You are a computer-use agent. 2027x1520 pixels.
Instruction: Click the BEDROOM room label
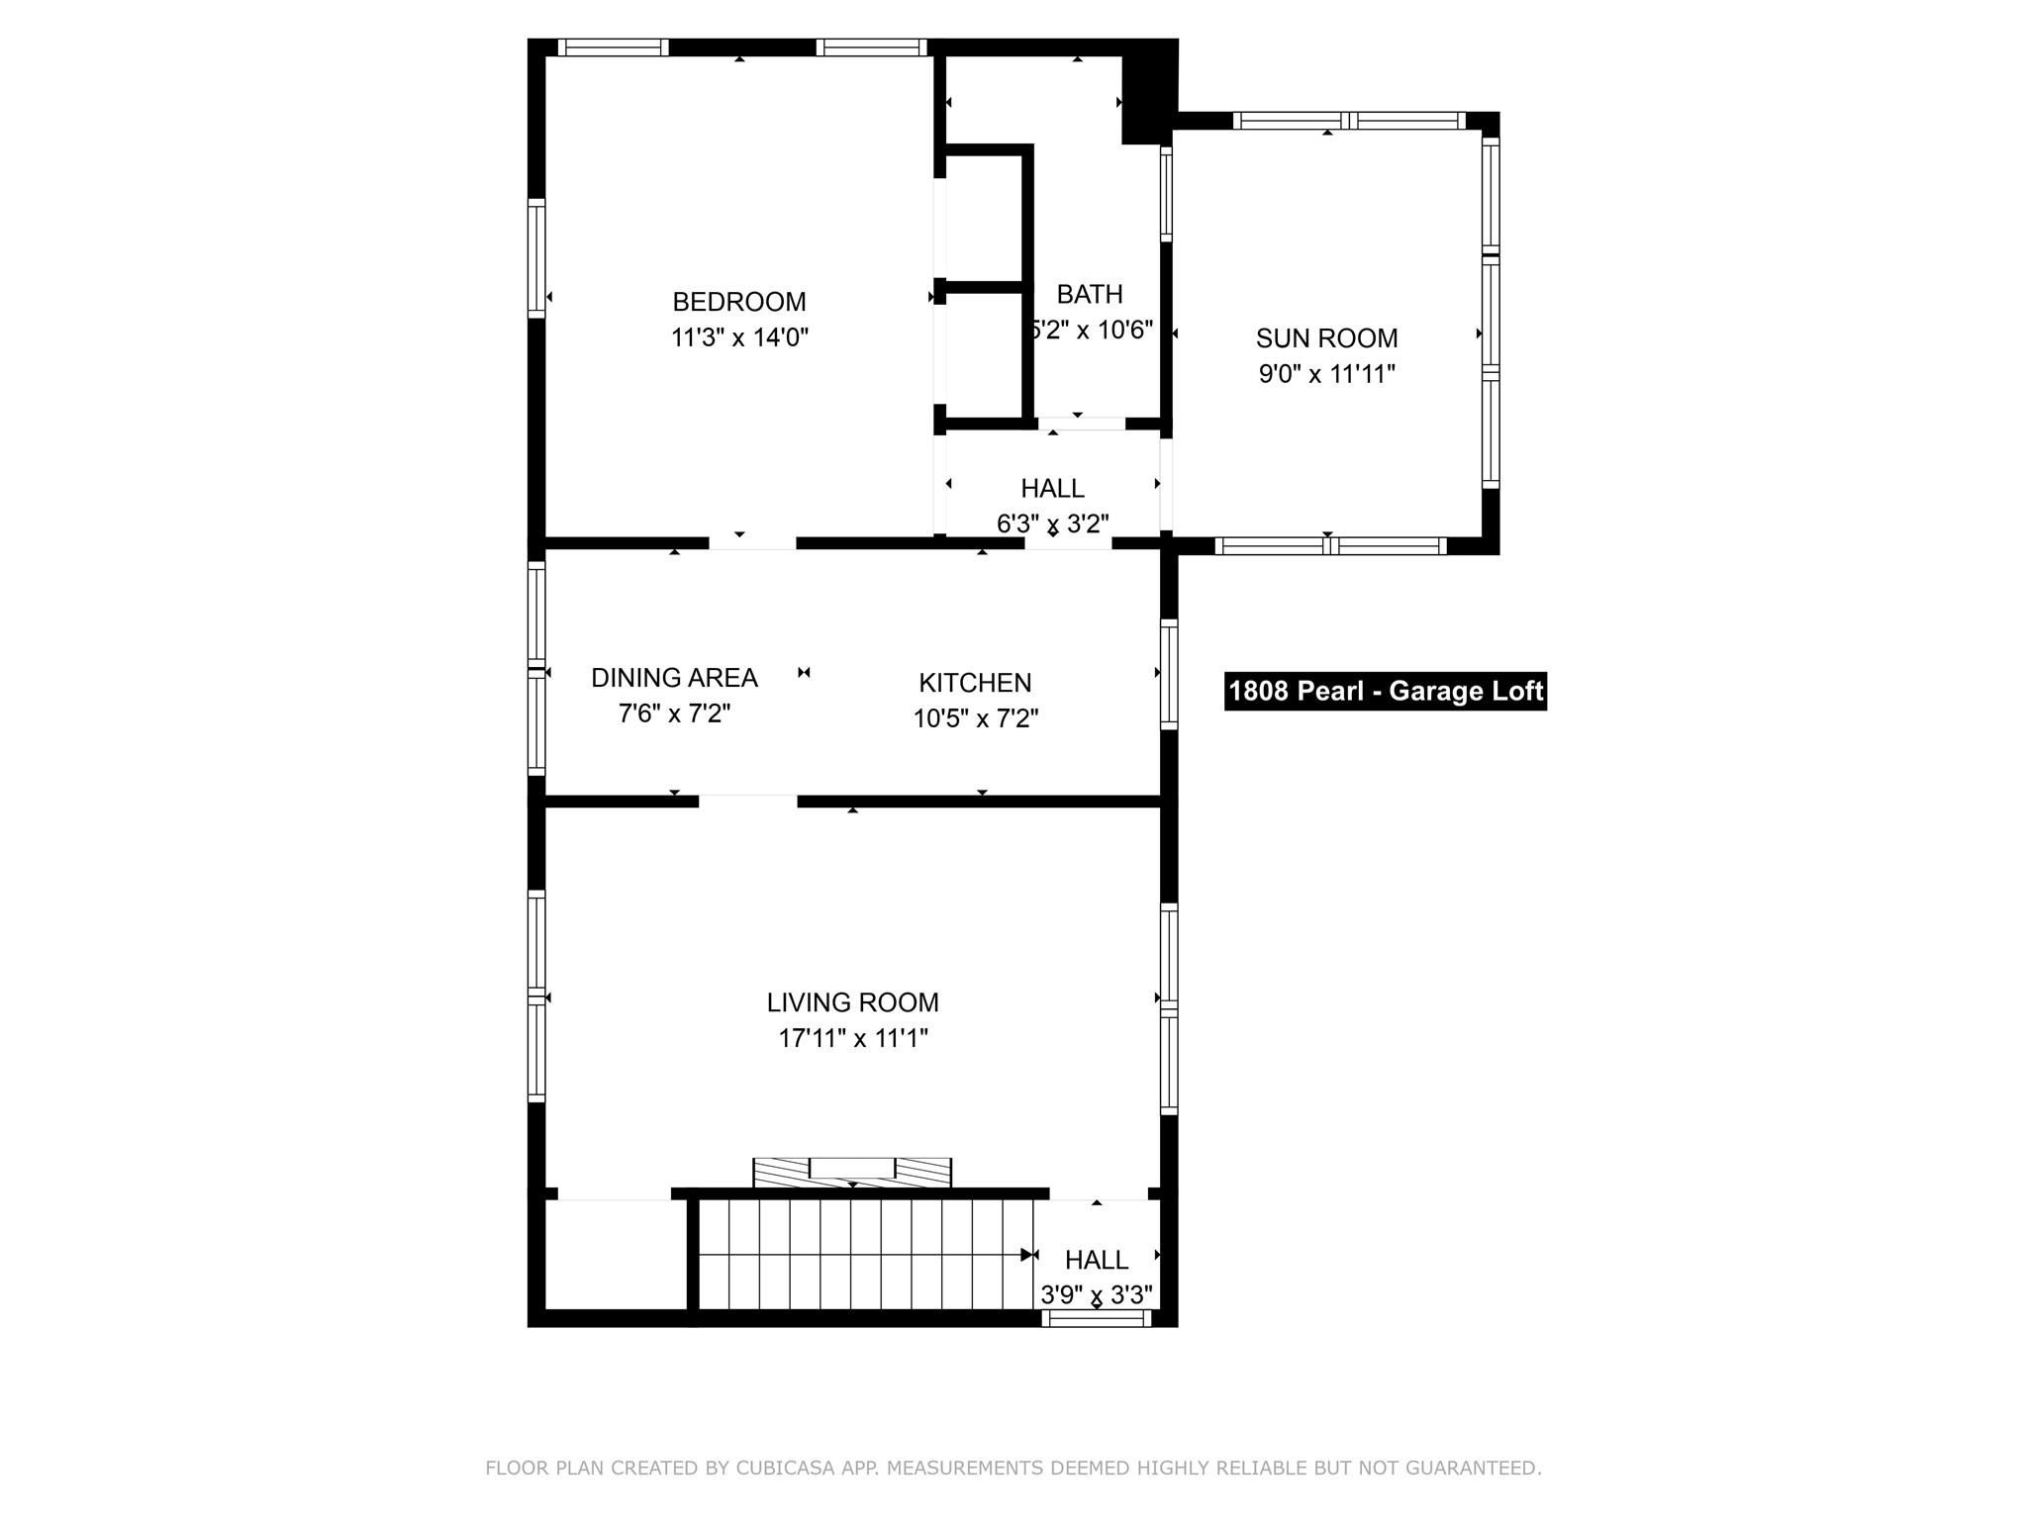coord(738,302)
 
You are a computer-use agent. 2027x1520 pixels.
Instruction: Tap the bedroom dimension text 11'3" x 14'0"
coord(739,337)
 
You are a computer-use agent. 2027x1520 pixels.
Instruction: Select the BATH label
coord(1090,294)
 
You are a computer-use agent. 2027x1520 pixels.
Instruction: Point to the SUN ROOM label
coord(1326,338)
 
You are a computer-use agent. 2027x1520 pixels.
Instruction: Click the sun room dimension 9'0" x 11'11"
coord(1326,374)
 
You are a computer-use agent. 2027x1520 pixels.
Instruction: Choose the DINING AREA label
coord(674,678)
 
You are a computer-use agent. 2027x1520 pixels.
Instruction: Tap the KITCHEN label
coord(975,683)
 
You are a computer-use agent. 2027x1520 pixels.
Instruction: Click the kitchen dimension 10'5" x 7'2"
coord(975,718)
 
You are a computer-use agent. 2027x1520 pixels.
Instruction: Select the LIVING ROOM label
coord(852,1002)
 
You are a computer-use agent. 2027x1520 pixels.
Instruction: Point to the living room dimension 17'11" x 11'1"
coord(852,1038)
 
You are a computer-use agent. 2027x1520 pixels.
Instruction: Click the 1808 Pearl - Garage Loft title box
coord(1385,691)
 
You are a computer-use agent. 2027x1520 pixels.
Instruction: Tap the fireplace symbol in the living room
coord(852,1172)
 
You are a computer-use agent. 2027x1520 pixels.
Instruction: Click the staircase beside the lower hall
coord(861,1254)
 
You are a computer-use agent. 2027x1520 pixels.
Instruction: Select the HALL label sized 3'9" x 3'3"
coord(1096,1260)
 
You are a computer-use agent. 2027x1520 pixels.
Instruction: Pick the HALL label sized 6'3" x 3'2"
coord(1052,488)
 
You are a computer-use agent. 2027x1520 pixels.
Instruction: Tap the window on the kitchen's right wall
coord(1169,674)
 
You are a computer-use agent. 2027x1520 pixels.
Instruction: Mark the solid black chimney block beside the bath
coord(1148,94)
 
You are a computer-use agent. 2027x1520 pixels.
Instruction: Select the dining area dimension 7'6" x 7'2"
coord(674,713)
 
